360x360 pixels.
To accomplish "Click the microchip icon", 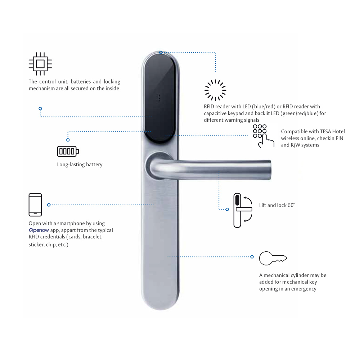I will [x=40, y=64].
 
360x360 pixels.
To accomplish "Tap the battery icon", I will [x=68, y=151].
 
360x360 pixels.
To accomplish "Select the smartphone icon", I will [x=35, y=205].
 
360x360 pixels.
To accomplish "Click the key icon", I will [x=273, y=258].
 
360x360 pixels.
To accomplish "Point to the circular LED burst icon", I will [x=215, y=90].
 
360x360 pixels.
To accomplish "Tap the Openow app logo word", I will [x=39, y=230].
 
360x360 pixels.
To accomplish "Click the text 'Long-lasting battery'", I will [x=80, y=165].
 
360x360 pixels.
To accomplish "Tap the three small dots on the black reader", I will [x=159, y=98].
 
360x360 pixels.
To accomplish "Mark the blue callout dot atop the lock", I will [x=161, y=53].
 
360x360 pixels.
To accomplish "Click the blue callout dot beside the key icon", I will [x=252, y=257].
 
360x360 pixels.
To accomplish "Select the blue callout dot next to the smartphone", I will [x=49, y=205].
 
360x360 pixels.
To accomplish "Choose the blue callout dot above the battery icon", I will [x=68, y=140].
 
